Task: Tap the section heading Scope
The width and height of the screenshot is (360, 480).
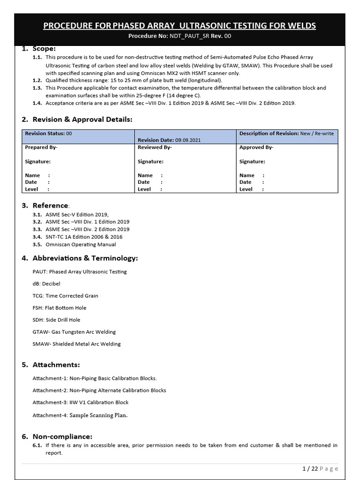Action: tap(44, 48)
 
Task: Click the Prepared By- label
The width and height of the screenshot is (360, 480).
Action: tap(41, 147)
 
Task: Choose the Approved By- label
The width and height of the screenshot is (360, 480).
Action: tap(256, 147)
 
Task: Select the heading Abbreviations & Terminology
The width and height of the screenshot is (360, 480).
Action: tap(85, 258)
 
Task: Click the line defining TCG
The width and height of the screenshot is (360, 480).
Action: tap(65, 296)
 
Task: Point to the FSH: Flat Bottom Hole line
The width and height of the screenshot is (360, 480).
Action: tap(60, 308)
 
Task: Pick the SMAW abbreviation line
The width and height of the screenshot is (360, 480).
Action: tap(76, 344)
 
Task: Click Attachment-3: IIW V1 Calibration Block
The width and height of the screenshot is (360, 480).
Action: tap(80, 403)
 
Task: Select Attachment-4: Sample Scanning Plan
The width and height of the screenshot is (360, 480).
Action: tap(80, 415)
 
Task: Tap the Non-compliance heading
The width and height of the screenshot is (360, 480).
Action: tap(62, 436)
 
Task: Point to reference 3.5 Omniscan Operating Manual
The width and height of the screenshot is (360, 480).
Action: tap(81, 244)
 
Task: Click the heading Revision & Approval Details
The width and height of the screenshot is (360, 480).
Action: tap(82, 120)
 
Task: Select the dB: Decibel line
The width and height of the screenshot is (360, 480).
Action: tap(46, 284)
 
